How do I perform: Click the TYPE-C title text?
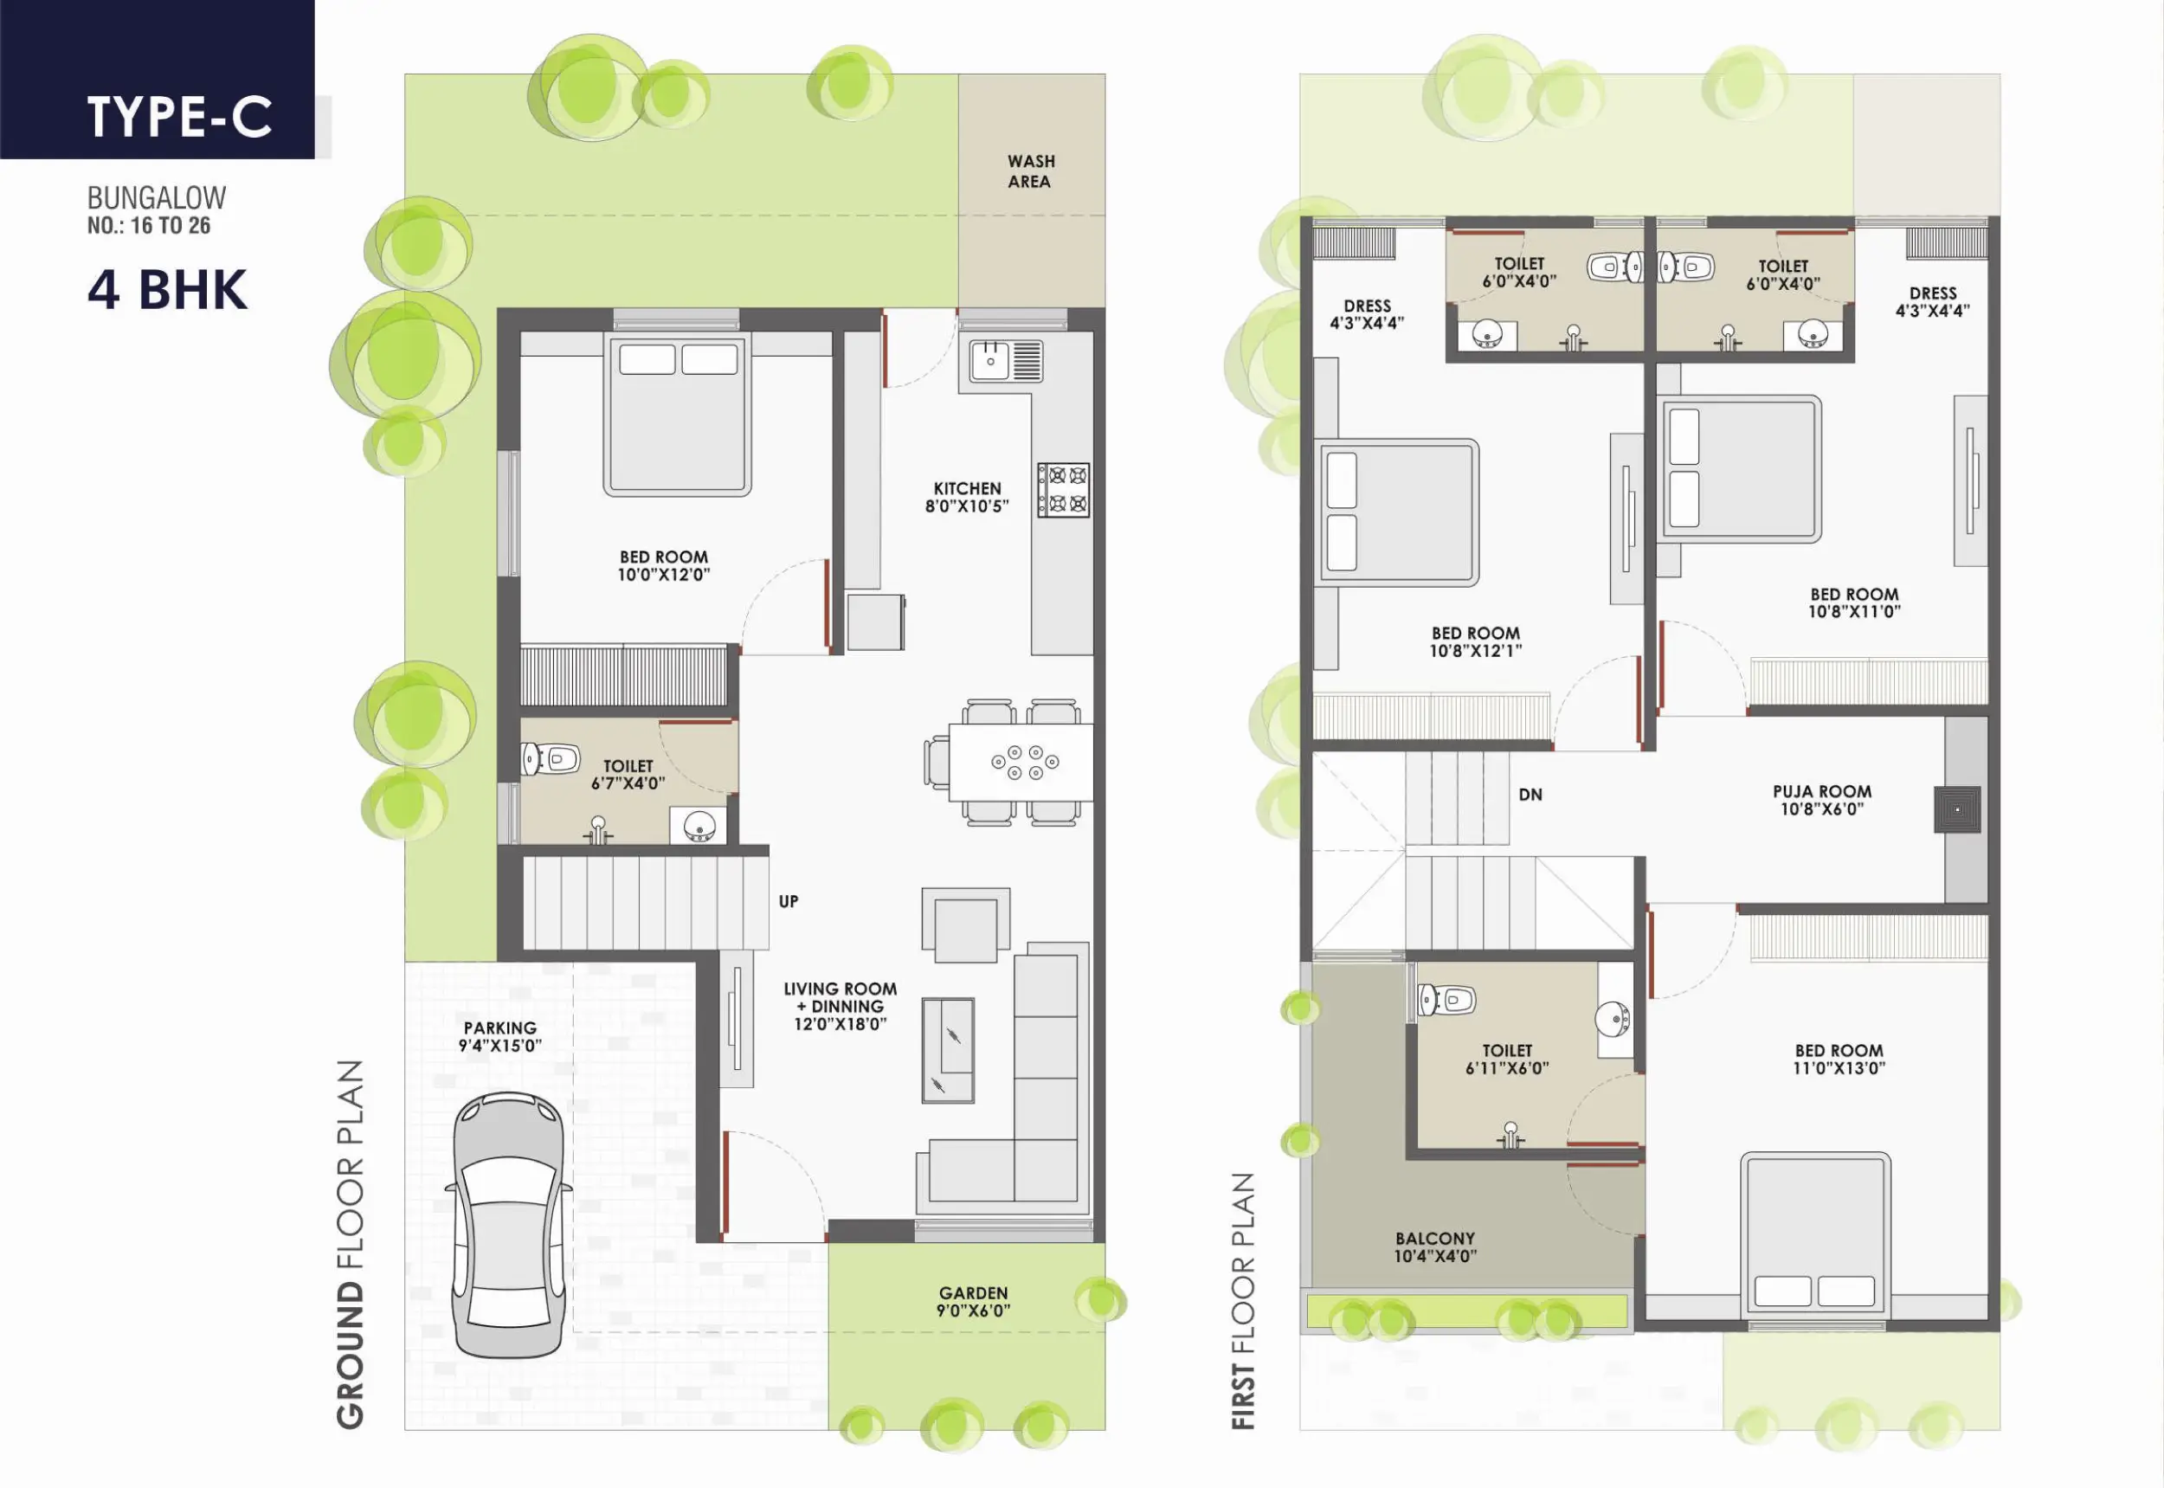180,117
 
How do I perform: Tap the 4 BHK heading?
168,289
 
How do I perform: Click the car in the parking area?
509,1224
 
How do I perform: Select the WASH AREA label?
1030,171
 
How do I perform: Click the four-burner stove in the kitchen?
1064,489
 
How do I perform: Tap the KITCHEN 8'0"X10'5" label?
967,497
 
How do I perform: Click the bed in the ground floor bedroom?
677,415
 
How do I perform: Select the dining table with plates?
1021,762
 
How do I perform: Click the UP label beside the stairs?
789,902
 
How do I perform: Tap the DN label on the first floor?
1530,795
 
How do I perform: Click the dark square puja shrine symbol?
1957,809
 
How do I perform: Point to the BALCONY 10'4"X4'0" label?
1435,1246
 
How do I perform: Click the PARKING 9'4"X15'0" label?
499,1036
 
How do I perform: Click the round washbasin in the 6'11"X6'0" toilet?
1613,1019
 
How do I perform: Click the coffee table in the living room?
948,1050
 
